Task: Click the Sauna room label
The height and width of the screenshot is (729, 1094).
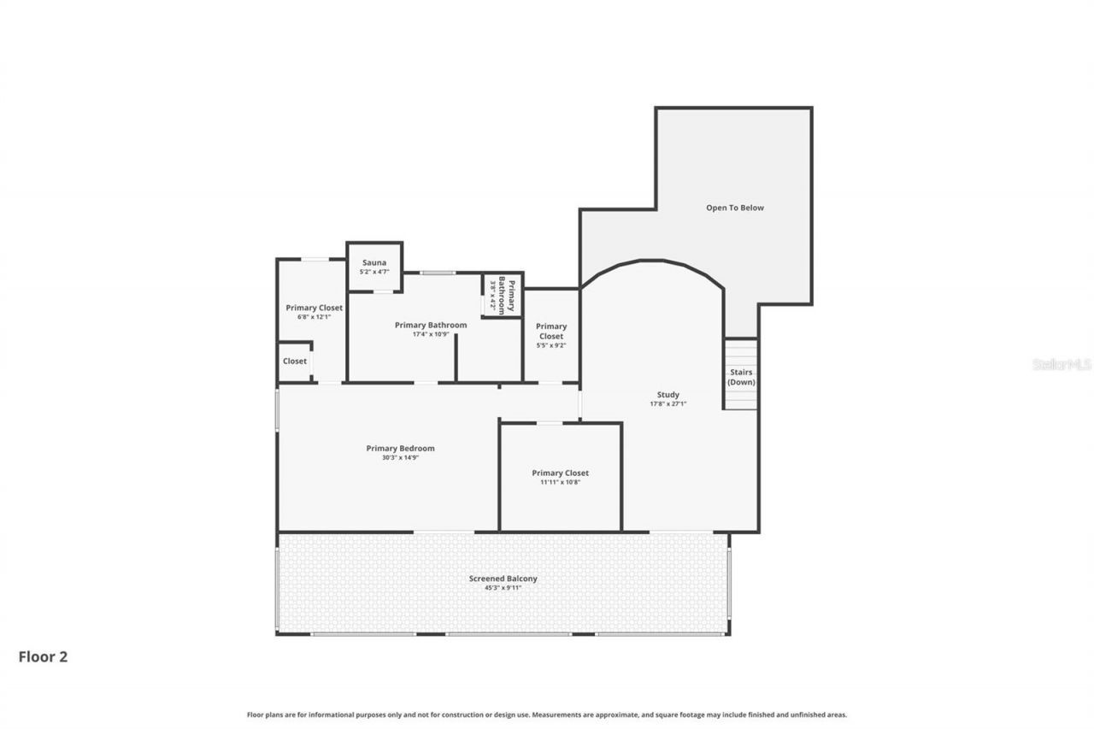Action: click(374, 262)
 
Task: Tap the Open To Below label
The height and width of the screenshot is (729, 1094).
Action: click(734, 208)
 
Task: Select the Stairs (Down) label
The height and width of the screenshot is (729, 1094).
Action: click(741, 377)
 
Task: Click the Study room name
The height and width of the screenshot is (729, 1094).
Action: click(668, 395)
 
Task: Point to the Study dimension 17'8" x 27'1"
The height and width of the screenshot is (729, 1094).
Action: click(668, 404)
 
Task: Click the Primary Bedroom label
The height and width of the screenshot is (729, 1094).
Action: click(400, 448)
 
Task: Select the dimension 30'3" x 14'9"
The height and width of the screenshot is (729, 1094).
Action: click(400, 457)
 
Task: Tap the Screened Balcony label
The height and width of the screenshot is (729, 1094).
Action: click(503, 579)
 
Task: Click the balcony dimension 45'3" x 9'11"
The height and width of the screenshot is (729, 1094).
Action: click(503, 588)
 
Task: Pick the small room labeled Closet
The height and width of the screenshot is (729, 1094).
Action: click(295, 362)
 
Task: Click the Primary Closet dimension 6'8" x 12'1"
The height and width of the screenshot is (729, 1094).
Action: click(314, 317)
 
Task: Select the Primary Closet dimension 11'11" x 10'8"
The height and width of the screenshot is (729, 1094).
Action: click(560, 482)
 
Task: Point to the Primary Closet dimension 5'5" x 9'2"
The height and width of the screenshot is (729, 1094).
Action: click(551, 345)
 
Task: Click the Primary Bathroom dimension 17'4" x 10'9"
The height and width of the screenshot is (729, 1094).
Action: click(431, 334)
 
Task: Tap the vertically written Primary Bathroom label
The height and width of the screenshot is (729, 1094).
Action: click(507, 295)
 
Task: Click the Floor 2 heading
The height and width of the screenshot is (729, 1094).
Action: click(43, 656)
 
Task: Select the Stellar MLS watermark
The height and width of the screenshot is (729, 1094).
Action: click(1062, 364)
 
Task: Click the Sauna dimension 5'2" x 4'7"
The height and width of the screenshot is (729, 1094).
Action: click(374, 272)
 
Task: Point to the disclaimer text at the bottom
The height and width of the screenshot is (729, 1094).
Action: click(547, 714)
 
